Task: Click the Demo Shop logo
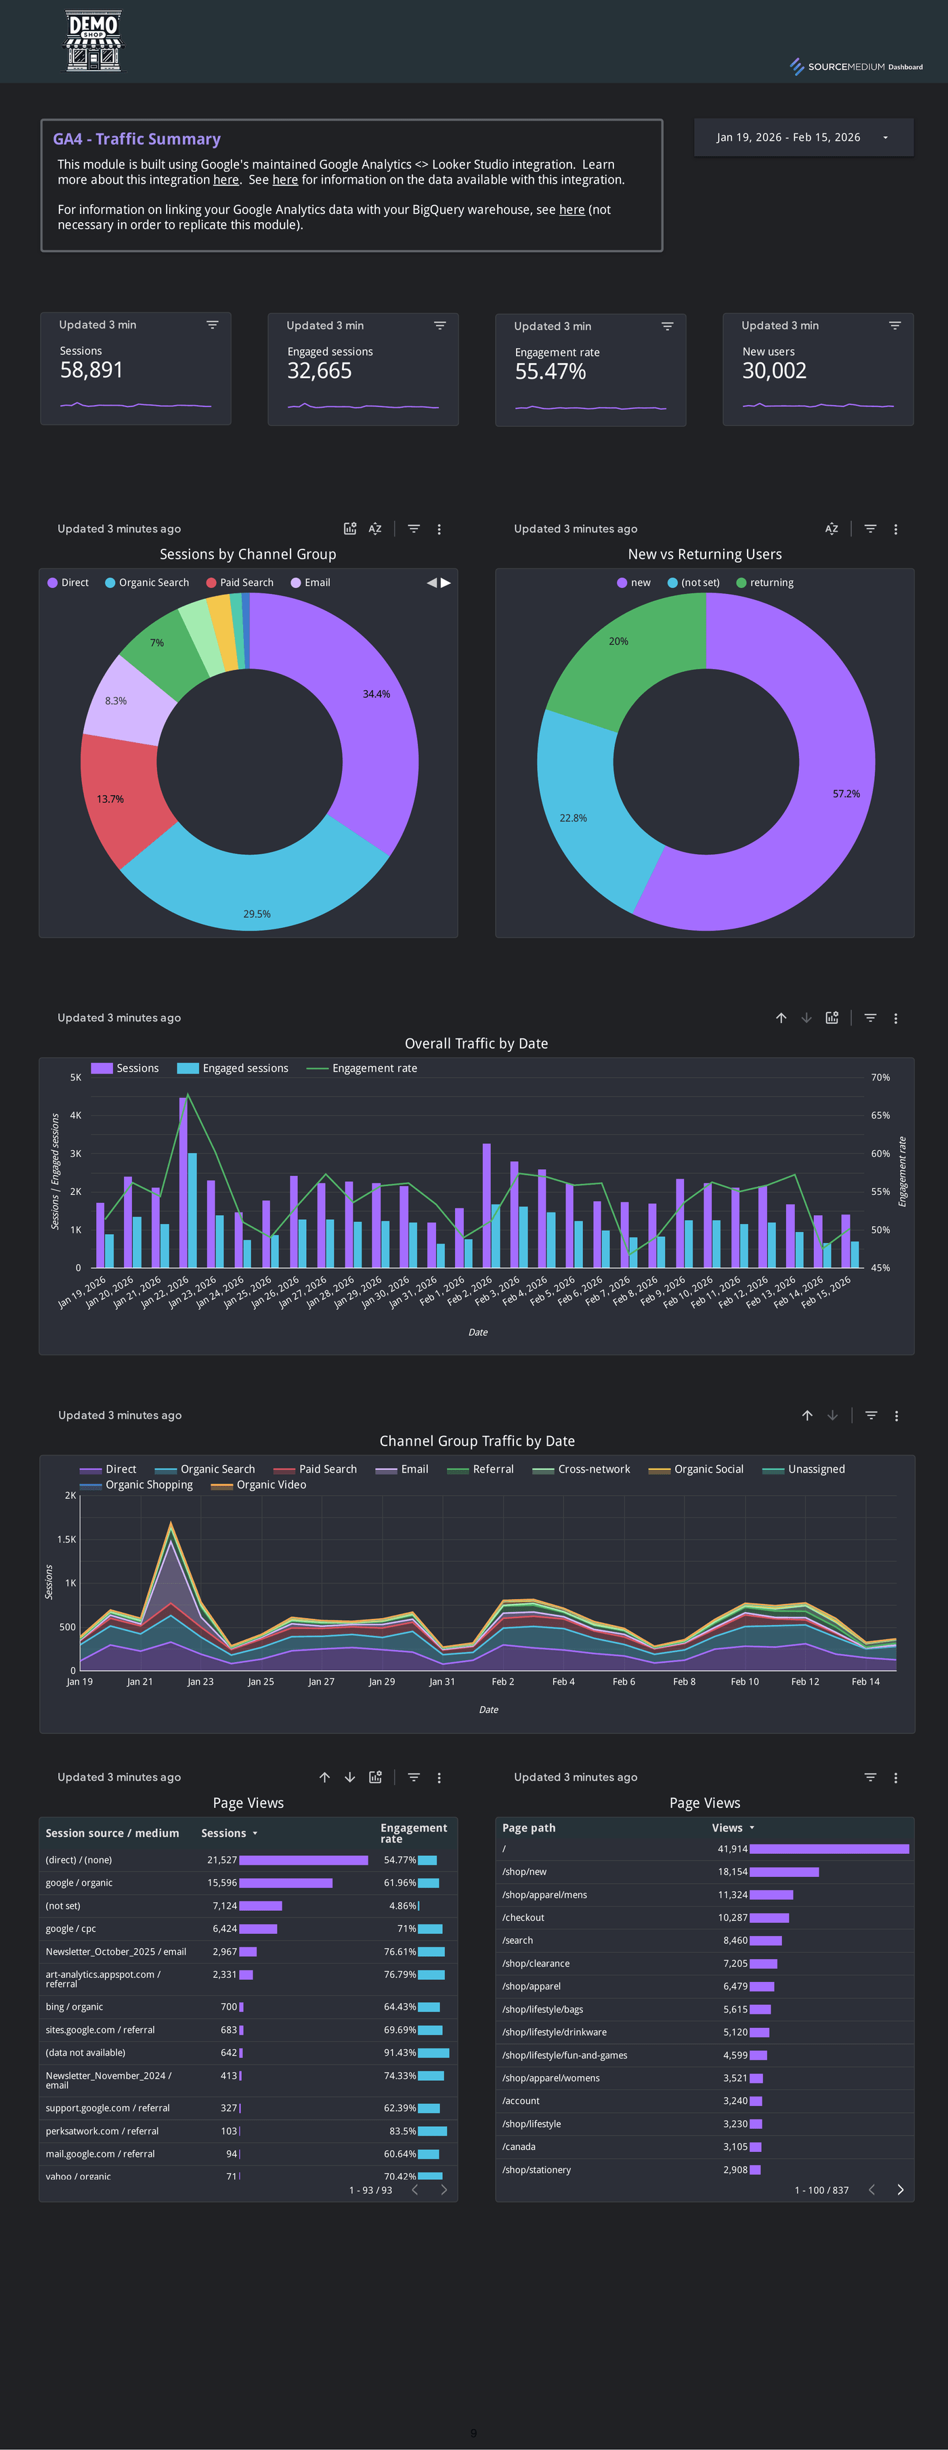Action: (x=93, y=41)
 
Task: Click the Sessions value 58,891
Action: (x=91, y=370)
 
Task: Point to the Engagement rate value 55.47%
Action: (x=550, y=372)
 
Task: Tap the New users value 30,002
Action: (x=774, y=371)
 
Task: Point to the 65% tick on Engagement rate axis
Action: (x=880, y=1115)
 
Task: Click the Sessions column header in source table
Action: (x=223, y=1833)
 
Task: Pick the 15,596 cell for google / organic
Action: (x=223, y=1883)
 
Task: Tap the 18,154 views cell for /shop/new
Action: (x=732, y=1872)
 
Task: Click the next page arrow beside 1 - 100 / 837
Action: (x=899, y=2189)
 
